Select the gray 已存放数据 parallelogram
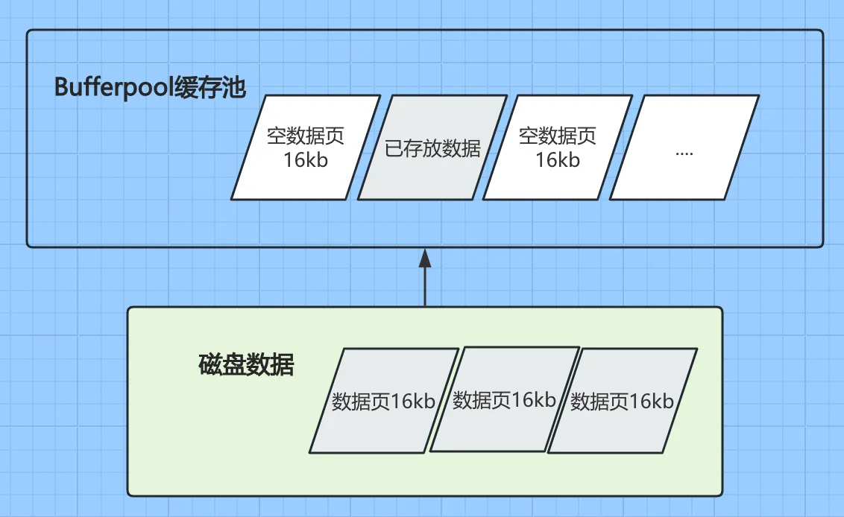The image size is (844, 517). (x=432, y=148)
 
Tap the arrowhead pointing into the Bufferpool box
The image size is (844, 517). (x=425, y=258)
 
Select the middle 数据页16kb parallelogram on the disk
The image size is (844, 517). (x=505, y=400)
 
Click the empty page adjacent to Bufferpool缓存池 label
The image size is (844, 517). (x=306, y=148)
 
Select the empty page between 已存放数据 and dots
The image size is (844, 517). (x=558, y=148)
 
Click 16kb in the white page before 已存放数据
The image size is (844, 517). (x=306, y=159)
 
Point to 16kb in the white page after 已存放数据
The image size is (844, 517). (x=558, y=159)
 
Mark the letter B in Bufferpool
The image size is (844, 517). (x=62, y=87)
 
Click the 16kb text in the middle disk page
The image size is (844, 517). (x=533, y=399)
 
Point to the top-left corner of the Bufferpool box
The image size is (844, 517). (x=28, y=31)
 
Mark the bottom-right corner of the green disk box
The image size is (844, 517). (x=721, y=494)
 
